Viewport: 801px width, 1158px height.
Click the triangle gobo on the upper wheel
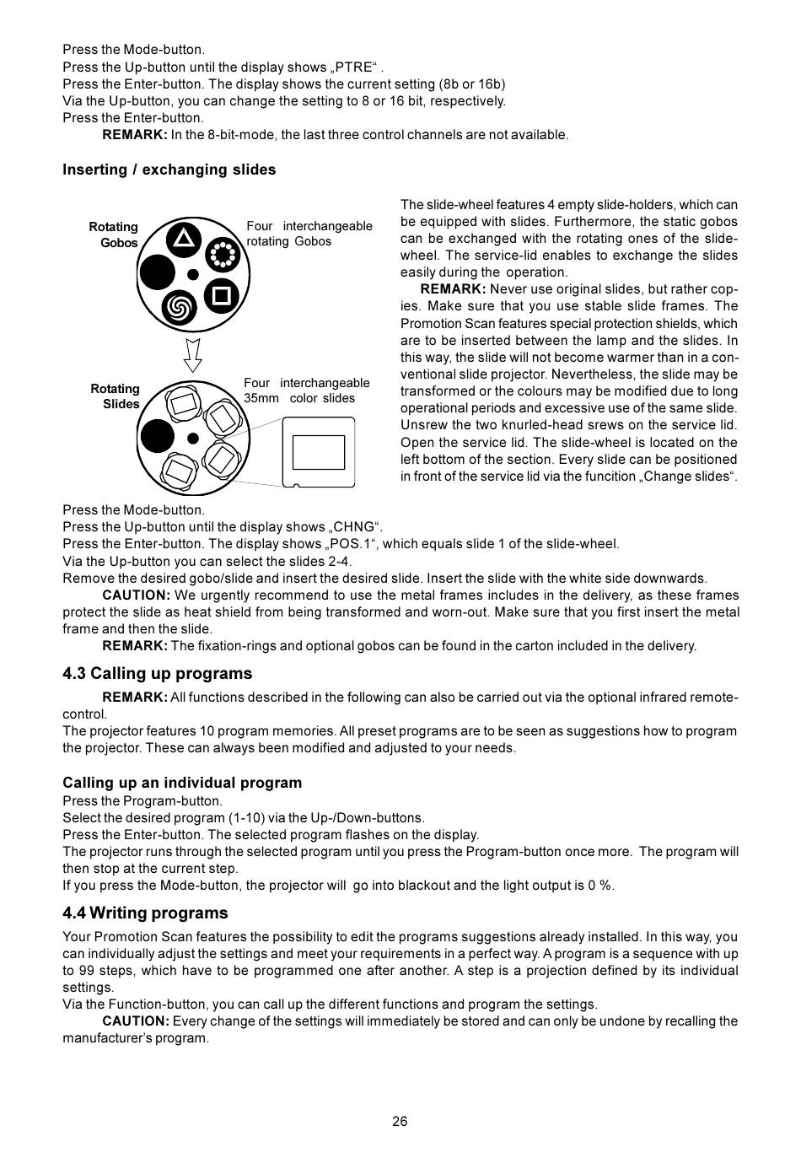coord(184,239)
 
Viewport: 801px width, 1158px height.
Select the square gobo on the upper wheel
coord(221,295)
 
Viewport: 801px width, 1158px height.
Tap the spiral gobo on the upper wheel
coord(178,308)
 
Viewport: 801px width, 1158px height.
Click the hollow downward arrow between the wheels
coord(193,355)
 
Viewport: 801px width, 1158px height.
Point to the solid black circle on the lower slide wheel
coord(156,436)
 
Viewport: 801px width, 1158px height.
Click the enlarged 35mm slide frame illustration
coord(318,453)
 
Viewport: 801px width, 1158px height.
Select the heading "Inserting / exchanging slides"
coord(169,170)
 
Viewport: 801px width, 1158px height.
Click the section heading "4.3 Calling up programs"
coord(157,673)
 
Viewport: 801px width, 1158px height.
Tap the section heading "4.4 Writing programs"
coord(145,913)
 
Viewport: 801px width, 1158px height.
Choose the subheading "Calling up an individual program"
coord(181,783)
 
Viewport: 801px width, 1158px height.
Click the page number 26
coord(400,1121)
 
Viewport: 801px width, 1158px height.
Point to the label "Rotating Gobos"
coord(114,234)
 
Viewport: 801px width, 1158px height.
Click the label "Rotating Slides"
coord(116,396)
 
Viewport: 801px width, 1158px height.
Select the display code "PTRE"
coord(353,67)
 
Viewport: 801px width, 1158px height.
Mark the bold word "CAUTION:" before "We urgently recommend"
coord(136,595)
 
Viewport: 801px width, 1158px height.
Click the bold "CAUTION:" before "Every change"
coord(136,1021)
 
